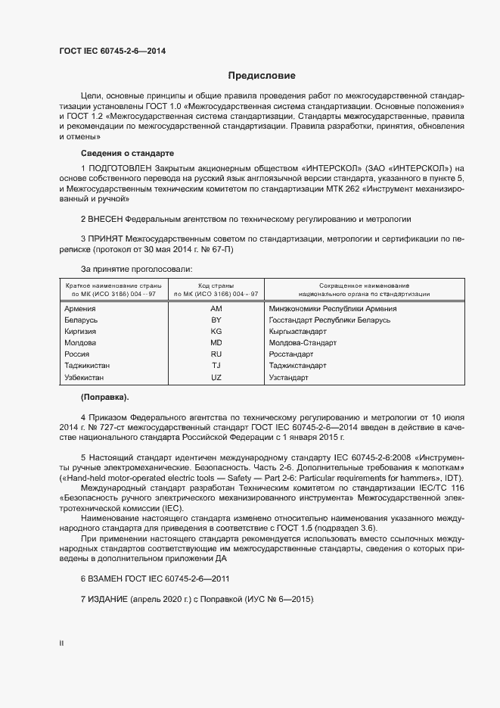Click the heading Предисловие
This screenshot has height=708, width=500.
[x=262, y=76]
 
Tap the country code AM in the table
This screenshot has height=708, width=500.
[x=216, y=308]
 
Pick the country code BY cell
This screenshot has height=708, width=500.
[x=216, y=320]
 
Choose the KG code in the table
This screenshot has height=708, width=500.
[x=216, y=332]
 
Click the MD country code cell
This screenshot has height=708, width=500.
[x=216, y=343]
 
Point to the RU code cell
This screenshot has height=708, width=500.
[x=216, y=354]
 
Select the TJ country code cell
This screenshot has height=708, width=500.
[x=216, y=365]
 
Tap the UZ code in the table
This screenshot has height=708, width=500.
[x=216, y=376]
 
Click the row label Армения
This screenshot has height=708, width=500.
[x=80, y=308]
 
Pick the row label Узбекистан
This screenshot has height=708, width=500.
[x=85, y=376]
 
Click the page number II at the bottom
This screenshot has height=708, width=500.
[x=61, y=643]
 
